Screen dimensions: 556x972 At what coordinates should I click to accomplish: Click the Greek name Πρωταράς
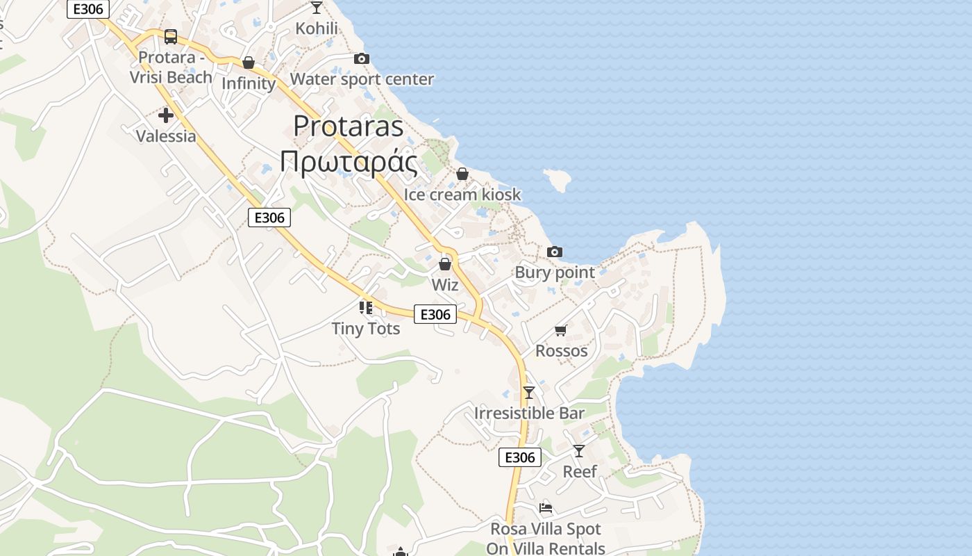349,163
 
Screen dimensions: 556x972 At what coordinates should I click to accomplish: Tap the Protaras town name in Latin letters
349,126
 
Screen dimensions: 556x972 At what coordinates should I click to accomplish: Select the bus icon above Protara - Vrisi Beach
171,37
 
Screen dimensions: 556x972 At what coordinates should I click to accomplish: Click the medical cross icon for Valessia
166,115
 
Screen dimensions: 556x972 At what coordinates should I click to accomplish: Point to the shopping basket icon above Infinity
249,63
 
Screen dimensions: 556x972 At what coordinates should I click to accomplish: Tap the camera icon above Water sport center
362,59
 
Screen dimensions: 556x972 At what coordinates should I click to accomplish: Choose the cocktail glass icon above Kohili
317,8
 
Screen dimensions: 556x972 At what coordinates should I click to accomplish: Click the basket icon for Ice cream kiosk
462,174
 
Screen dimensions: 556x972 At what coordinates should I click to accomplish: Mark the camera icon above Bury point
555,252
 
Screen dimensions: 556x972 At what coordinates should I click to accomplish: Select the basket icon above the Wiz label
445,264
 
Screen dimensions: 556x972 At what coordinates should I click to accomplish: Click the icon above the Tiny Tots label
366,307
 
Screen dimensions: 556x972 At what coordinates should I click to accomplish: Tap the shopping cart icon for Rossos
561,330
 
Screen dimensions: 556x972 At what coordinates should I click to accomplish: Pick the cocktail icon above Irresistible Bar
529,393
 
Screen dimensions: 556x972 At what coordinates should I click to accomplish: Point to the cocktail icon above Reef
579,451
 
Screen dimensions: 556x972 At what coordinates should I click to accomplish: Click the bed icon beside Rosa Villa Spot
546,508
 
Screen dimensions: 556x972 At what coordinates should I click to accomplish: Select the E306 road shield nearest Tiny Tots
435,314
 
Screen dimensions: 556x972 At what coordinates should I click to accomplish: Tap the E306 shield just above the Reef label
519,457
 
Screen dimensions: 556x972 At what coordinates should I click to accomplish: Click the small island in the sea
558,180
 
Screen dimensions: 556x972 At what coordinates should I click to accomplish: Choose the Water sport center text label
362,79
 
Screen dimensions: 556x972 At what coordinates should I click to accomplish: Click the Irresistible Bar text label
529,413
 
